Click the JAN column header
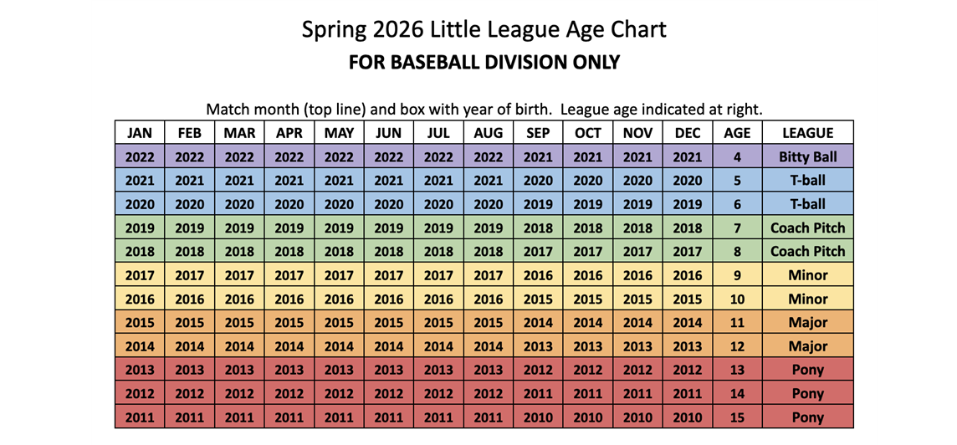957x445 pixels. click(x=140, y=132)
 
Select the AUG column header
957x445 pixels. click(x=489, y=132)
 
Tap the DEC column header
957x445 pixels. click(x=688, y=132)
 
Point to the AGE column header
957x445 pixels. click(x=737, y=132)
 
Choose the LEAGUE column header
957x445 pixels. click(x=807, y=132)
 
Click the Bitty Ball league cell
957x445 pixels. click(x=807, y=156)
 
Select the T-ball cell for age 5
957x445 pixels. click(x=807, y=180)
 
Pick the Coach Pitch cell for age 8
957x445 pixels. click(x=807, y=251)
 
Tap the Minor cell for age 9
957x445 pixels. click(x=807, y=275)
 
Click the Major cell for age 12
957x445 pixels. click(x=807, y=346)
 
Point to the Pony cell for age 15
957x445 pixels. click(x=807, y=417)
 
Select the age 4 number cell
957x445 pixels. click(x=737, y=156)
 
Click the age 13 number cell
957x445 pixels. click(x=737, y=370)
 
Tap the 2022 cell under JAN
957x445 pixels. click(x=140, y=156)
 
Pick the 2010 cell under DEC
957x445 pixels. click(x=688, y=417)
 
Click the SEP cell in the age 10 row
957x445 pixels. click(x=538, y=299)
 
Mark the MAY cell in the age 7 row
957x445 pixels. click(x=339, y=228)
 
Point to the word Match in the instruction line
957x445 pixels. click(x=227, y=109)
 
